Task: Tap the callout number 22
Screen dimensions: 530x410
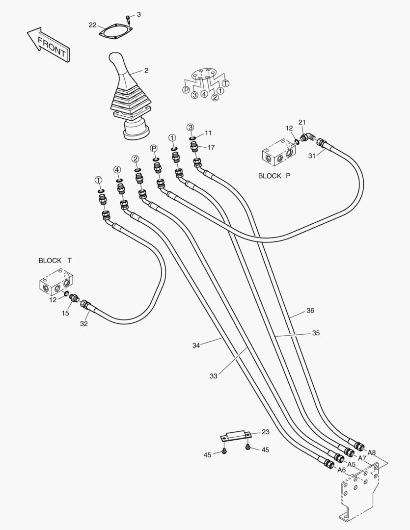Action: click(93, 25)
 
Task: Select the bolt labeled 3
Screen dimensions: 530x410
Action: click(128, 20)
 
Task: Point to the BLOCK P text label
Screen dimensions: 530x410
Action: click(274, 176)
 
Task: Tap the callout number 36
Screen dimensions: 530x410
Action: click(310, 311)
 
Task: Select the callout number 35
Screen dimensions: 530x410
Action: click(316, 333)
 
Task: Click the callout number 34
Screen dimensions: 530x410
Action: click(196, 345)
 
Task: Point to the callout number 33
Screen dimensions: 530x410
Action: click(213, 376)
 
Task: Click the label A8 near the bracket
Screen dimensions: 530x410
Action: click(372, 452)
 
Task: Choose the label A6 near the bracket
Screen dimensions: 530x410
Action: click(342, 470)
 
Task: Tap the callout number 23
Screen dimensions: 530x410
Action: click(265, 432)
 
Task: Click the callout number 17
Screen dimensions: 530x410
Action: click(211, 147)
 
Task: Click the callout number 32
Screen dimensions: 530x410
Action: click(84, 323)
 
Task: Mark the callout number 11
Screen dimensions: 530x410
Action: click(209, 133)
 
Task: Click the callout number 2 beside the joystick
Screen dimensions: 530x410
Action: click(146, 70)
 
